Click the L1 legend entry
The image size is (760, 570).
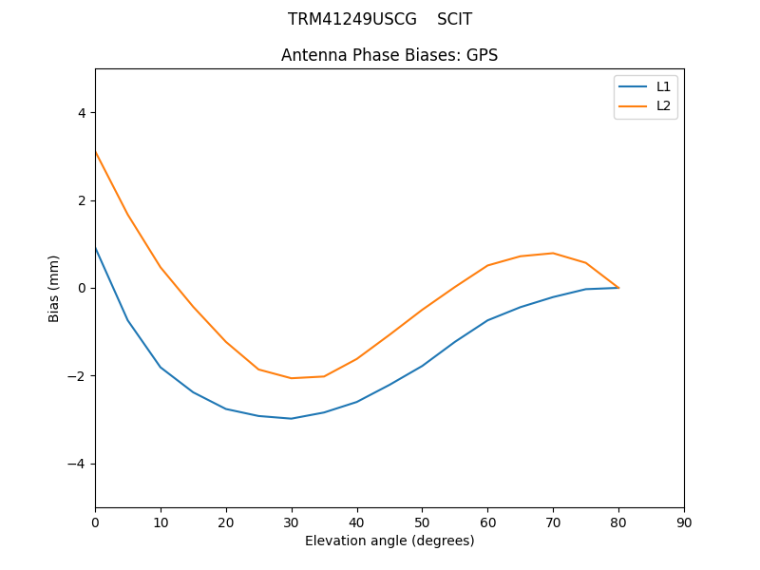(x=663, y=86)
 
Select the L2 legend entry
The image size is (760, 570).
(x=663, y=105)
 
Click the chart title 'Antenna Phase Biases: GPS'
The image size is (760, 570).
(x=389, y=55)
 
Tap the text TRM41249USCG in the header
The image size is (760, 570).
(x=352, y=19)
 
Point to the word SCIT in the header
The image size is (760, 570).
(x=454, y=19)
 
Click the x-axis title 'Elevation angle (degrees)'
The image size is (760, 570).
(x=389, y=541)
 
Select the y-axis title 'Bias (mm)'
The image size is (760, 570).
(x=54, y=288)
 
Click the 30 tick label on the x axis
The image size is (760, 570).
(x=292, y=522)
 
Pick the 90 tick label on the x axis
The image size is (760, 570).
(x=684, y=522)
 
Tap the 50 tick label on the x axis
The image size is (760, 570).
(x=423, y=522)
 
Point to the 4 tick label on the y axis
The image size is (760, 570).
(x=81, y=113)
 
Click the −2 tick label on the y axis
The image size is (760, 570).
(x=77, y=376)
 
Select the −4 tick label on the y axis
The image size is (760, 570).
(x=77, y=464)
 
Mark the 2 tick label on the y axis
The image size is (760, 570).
(x=81, y=200)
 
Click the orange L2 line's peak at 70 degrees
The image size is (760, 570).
(x=553, y=253)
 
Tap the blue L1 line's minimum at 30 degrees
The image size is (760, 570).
(x=292, y=418)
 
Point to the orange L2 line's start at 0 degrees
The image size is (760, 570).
(x=95, y=151)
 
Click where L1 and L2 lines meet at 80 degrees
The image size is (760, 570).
(x=618, y=287)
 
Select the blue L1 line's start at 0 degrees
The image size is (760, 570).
(x=95, y=246)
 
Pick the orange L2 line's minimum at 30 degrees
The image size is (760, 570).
(x=292, y=378)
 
